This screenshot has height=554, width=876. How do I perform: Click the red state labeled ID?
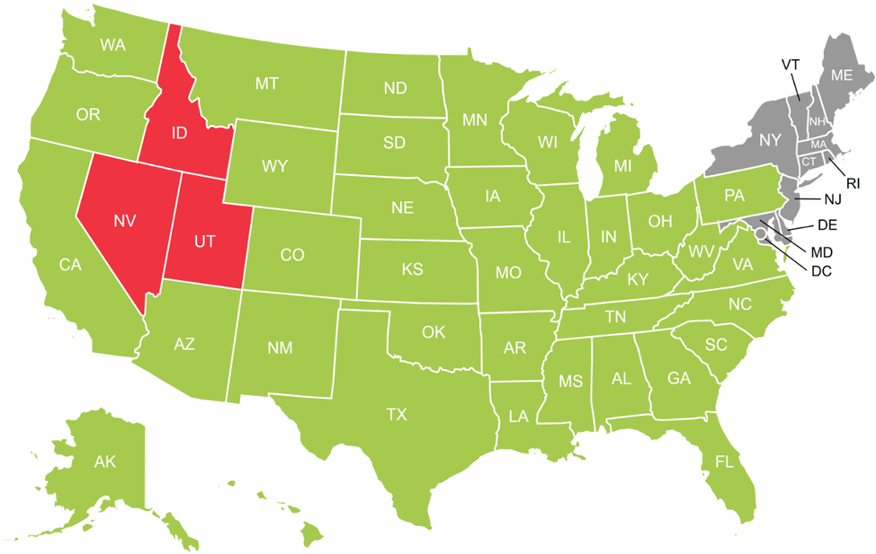pos(179,134)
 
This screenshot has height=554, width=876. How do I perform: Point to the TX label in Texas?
pos(396,415)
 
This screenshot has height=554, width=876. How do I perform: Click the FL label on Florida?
pos(725,462)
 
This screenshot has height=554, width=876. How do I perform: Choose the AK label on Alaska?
pos(106,462)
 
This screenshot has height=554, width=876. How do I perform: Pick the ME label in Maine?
pos(842,75)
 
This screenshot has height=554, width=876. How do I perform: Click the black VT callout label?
pos(790,64)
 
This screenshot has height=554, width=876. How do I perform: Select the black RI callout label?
pos(853,183)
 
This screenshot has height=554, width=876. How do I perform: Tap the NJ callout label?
pos(831,199)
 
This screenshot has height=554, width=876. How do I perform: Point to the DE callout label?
pos(827,224)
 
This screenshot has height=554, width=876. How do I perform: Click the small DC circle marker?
pos(759,233)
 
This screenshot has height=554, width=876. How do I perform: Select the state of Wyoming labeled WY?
pos(275,165)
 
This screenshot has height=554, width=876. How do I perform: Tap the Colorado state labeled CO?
pos(292,255)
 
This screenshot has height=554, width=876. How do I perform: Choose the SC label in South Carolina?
pos(716,344)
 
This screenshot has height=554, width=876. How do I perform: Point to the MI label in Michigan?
pos(623,167)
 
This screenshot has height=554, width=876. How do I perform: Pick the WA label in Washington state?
pos(112,45)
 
